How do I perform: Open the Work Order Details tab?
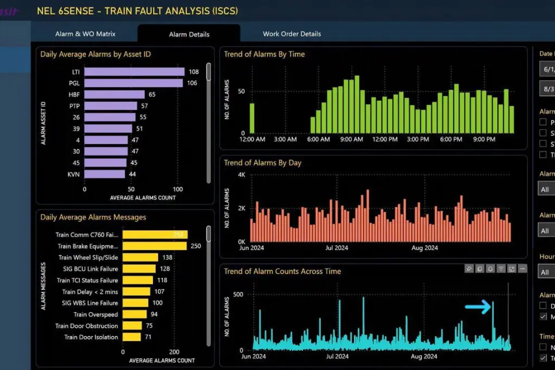click(292, 34)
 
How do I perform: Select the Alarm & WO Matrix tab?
click(85, 34)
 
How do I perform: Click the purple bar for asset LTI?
click(134, 72)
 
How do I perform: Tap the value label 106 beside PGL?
click(192, 83)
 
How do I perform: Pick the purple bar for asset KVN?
click(105, 174)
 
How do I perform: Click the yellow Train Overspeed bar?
click(134, 314)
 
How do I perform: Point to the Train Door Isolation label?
click(91, 337)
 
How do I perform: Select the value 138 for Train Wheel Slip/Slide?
click(167, 257)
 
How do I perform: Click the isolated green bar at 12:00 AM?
click(252, 118)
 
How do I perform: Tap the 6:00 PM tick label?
click(450, 139)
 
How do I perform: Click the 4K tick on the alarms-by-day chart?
click(242, 175)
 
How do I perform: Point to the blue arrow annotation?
click(477, 307)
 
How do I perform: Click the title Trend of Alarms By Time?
click(264, 54)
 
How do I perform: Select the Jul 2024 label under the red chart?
click(337, 248)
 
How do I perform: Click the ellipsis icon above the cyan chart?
click(522, 268)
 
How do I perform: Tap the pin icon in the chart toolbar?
click(469, 268)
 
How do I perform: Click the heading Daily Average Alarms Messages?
click(93, 217)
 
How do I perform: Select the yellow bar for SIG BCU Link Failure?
click(139, 269)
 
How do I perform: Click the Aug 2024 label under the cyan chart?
click(424, 356)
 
